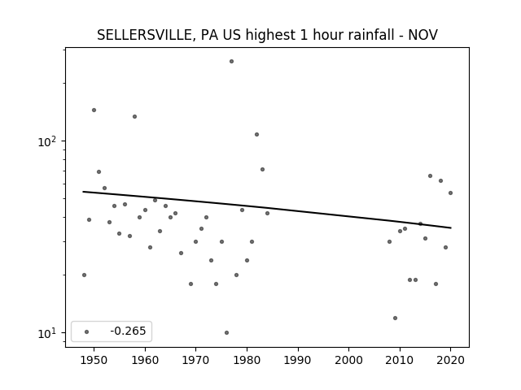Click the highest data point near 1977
point(231,62)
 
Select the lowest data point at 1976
point(226,332)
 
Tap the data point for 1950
point(94,110)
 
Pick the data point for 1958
point(134,116)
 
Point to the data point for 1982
point(257,134)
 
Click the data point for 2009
point(395,318)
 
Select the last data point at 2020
point(450,193)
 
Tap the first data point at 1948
point(84,275)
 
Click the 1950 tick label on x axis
point(94,361)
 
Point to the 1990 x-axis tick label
point(298,361)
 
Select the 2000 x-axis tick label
point(349,361)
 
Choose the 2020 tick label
point(450,361)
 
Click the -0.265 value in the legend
point(129,331)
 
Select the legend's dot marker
point(87,331)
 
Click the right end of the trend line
point(451,227)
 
